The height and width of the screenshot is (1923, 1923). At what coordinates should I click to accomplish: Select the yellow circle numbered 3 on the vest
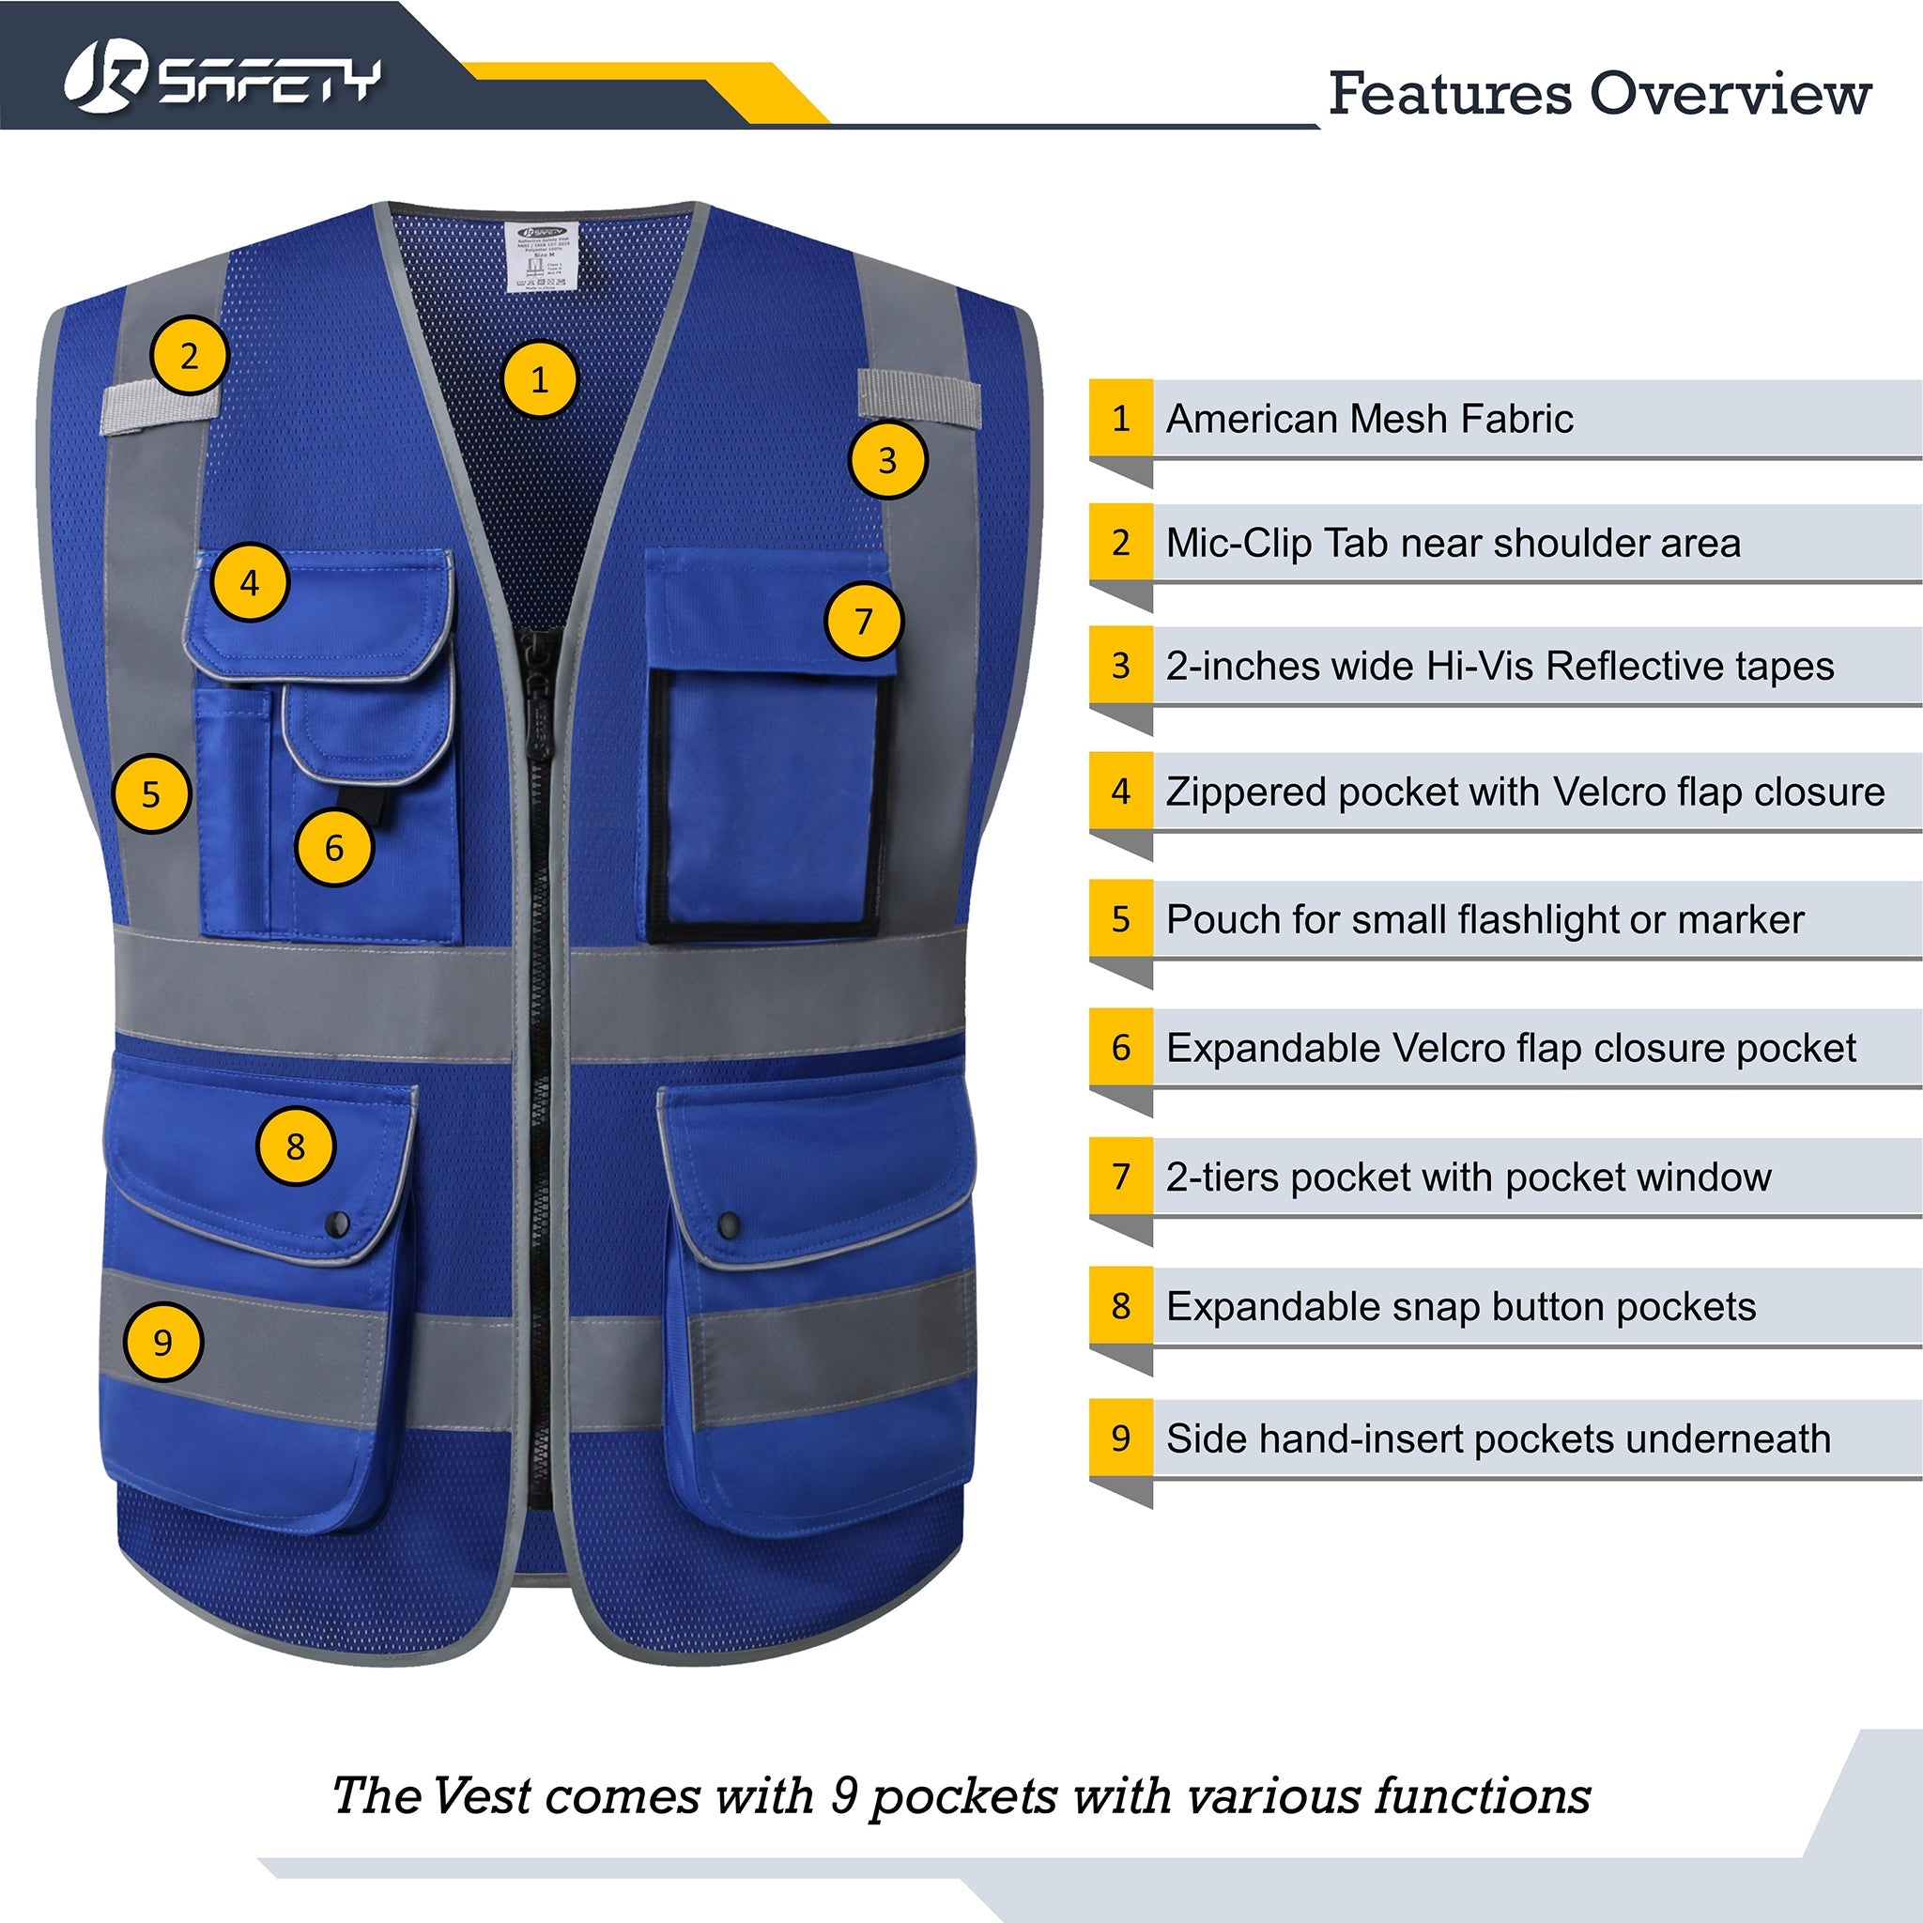(886, 460)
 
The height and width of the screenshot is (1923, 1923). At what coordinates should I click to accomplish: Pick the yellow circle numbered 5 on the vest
(150, 794)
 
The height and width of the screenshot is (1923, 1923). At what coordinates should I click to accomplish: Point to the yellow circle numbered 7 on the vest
(863, 620)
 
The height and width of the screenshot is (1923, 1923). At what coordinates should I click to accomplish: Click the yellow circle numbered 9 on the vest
(162, 1342)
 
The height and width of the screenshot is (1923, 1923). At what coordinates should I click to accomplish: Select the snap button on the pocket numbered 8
(337, 1224)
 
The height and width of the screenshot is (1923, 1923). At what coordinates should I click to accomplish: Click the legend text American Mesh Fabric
(1369, 419)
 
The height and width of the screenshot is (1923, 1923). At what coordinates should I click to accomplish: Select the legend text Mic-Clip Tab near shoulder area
(1453, 544)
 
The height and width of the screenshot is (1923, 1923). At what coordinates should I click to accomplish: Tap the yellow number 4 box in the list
(1121, 792)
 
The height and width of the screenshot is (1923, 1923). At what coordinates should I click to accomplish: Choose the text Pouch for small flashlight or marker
(1485, 919)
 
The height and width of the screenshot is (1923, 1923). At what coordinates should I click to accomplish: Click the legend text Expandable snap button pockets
(1460, 1307)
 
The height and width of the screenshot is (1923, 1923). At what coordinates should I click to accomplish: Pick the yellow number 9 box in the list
(1121, 1438)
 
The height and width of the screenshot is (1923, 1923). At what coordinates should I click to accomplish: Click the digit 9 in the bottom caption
(844, 1797)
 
